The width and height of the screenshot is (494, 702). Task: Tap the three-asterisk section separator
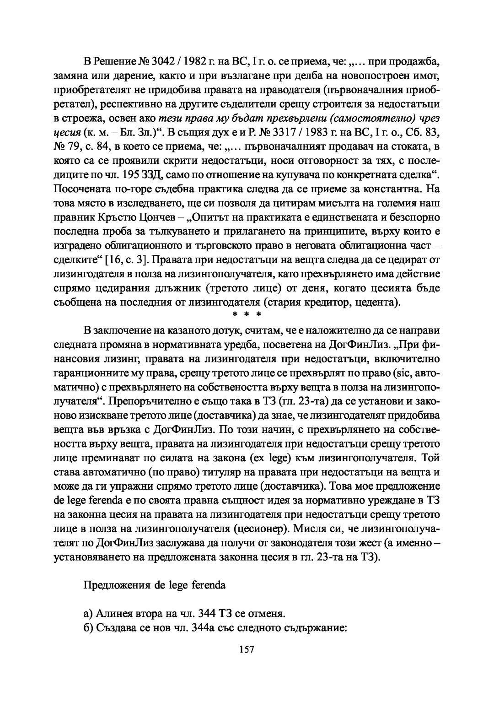pyautogui.click(x=247, y=315)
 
